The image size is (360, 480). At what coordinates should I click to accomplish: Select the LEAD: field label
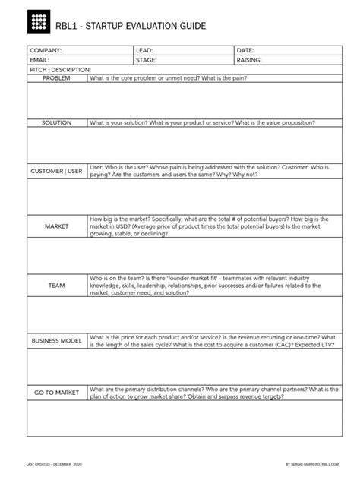[144, 49]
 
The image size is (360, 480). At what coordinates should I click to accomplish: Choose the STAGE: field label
[146, 58]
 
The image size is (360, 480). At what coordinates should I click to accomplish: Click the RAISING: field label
[250, 58]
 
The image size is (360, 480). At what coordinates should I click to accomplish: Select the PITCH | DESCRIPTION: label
[59, 68]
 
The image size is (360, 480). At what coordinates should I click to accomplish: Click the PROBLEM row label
[55, 78]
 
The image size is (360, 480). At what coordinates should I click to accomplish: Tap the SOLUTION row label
[56, 122]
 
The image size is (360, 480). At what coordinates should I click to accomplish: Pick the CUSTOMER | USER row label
[56, 171]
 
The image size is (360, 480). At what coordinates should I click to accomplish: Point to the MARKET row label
[56, 226]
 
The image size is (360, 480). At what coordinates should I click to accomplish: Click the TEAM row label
[56, 285]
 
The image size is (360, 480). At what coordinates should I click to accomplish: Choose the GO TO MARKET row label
[56, 393]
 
